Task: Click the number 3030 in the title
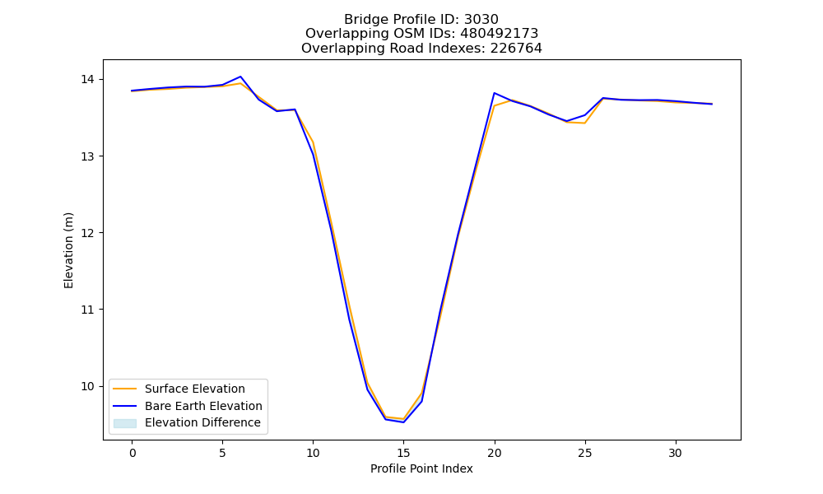[x=481, y=20]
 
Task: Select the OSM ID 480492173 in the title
[x=500, y=34]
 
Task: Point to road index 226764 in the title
[x=516, y=49]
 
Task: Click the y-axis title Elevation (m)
[x=69, y=250]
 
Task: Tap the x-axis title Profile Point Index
[x=421, y=468]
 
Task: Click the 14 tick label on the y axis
[x=87, y=79]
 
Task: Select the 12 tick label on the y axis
[x=87, y=233]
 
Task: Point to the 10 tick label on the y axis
[x=87, y=386]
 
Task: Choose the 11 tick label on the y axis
[x=87, y=310]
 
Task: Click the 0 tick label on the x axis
[x=133, y=453]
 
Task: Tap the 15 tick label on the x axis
[x=403, y=453]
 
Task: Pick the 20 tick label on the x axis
[x=495, y=453]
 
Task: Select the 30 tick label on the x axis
[x=676, y=453]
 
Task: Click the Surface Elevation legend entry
[x=195, y=389]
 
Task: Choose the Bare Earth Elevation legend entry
[x=203, y=406]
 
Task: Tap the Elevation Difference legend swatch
[x=125, y=423]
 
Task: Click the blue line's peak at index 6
[x=240, y=77]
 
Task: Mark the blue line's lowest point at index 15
[x=403, y=422]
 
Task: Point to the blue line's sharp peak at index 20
[x=495, y=93]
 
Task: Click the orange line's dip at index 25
[x=584, y=123]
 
